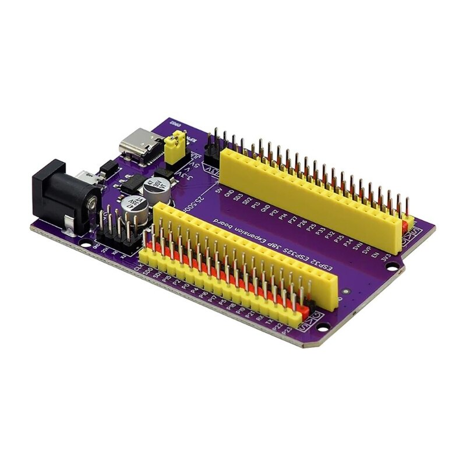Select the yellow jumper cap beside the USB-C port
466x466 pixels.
click(x=175, y=147)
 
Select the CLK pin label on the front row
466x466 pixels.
click(x=137, y=268)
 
